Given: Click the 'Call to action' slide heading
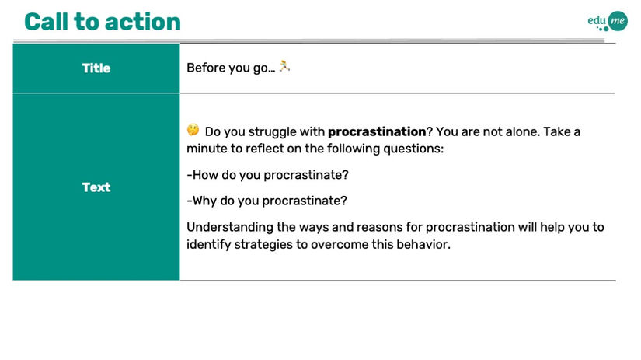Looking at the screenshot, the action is pos(103,22).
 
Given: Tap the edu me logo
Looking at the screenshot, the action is pos(608,21).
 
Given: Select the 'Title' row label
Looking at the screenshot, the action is pos(96,68).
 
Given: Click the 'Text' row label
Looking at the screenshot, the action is pos(96,187).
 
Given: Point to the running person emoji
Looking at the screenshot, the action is pos(284,66).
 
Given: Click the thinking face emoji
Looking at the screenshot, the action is pos(193,130).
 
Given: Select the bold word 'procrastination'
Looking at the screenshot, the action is pos(377,131).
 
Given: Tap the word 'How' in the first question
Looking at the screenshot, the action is pos(205,175).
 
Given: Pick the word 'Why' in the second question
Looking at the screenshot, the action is pos(204,201).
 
